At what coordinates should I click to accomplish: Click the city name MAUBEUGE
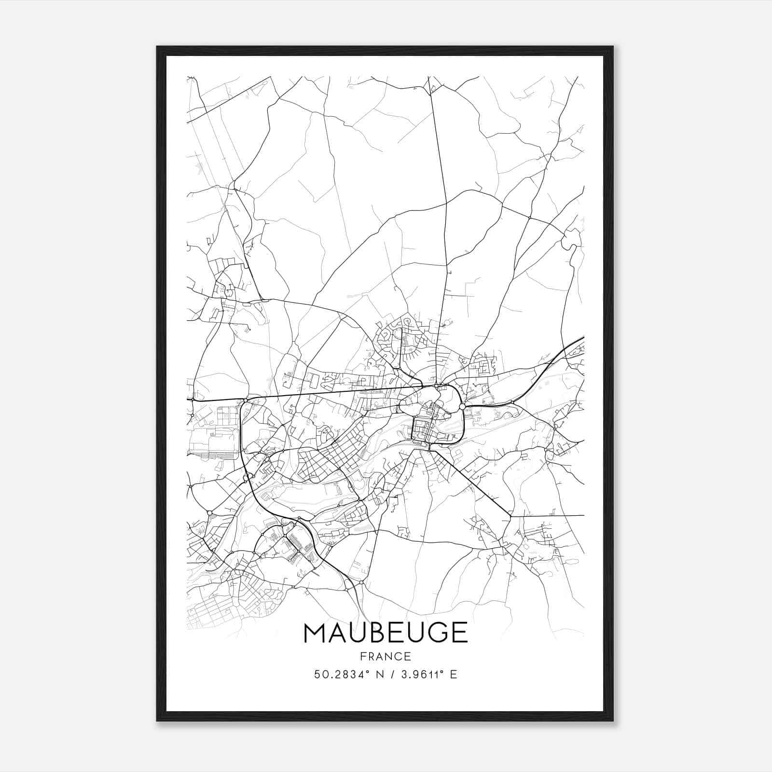tap(386, 633)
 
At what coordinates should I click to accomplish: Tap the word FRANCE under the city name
tap(386, 656)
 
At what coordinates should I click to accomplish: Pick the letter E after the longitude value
tap(453, 675)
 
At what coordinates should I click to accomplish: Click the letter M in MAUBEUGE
tap(315, 633)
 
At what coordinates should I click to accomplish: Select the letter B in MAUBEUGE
tap(375, 633)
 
